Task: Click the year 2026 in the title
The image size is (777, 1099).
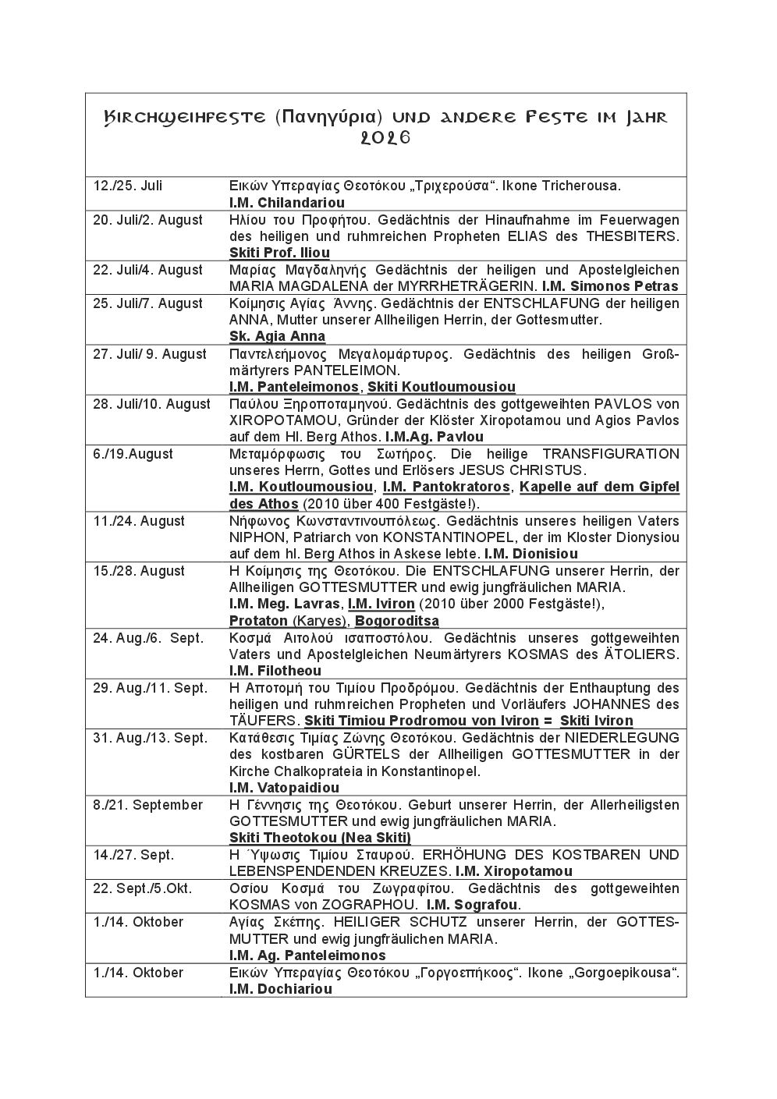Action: pos(385,138)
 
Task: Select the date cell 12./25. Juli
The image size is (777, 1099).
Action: pos(128,186)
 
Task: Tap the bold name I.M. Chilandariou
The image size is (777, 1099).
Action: pos(286,203)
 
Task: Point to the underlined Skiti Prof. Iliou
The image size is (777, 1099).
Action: pos(279,253)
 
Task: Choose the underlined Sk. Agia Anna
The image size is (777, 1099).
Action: pos(277,337)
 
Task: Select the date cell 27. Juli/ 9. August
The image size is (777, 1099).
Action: pos(150,354)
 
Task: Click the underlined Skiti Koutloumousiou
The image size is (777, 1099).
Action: pos(441,387)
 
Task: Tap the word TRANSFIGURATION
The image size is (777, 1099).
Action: pos(611,454)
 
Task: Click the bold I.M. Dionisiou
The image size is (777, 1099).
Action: pos(530,554)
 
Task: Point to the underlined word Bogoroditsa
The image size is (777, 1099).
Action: pos(396,621)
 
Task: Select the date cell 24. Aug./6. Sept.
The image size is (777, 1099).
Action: pos(147,638)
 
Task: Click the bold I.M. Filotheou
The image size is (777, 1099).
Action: pos(275,671)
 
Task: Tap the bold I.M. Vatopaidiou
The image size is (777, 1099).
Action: pos(284,788)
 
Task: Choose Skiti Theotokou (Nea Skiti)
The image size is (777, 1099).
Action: pos(320,838)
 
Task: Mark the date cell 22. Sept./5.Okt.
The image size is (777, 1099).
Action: pos(142,888)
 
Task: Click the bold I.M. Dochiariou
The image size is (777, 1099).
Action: pos(280,989)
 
